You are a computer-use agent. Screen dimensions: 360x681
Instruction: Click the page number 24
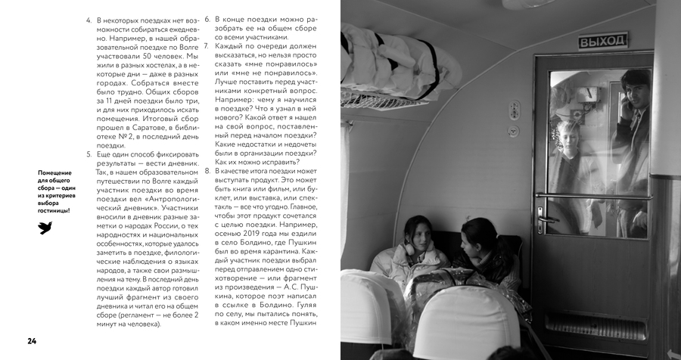[x=32, y=340]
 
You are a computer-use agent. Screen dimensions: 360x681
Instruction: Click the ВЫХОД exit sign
[x=604, y=40]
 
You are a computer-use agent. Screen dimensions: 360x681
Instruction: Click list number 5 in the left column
[x=89, y=154]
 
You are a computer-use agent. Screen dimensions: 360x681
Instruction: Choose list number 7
[x=207, y=46]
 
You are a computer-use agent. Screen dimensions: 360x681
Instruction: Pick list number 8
[x=207, y=172]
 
